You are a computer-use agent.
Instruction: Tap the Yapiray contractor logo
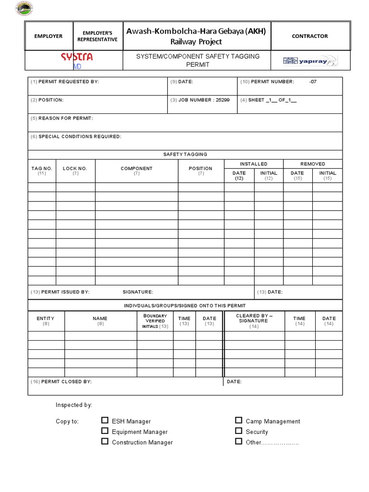[310, 61]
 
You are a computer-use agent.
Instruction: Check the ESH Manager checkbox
[105, 420]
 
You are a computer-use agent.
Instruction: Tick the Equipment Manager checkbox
[105, 431]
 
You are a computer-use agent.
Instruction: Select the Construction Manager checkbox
[105, 442]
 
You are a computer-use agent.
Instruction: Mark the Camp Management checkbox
[238, 420]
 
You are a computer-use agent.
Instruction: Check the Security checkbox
[238, 431]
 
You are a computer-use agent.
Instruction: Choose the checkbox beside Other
[238, 442]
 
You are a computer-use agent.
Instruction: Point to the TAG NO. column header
[42, 169]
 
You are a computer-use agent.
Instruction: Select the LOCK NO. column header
[75, 169]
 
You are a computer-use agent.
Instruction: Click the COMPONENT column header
[136, 169]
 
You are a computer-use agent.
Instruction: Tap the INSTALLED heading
[254, 164]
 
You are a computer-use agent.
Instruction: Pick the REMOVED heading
[313, 164]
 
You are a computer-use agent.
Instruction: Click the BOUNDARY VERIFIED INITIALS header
[155, 321]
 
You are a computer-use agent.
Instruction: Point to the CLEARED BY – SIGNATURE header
[254, 319]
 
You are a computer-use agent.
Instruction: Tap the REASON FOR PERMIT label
[66, 118]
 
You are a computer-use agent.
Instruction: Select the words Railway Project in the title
[196, 42]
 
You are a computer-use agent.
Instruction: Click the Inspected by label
[74, 405]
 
